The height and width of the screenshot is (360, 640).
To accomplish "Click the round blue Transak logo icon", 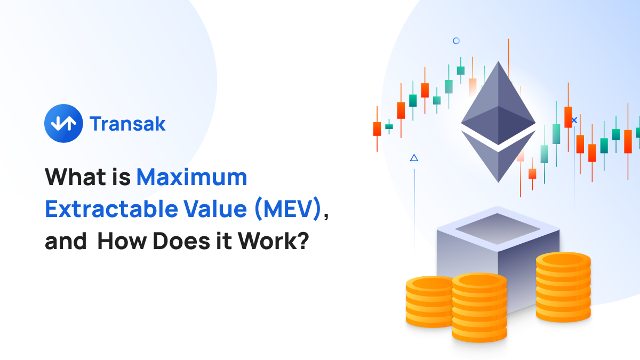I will pos(63,123).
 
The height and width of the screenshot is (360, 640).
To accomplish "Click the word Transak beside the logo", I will pos(128,124).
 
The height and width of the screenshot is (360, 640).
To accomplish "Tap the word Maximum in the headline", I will pos(191,177).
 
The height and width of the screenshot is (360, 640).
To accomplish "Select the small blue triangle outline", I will pos(414,158).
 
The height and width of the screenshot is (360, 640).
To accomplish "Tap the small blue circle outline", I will pos(456,41).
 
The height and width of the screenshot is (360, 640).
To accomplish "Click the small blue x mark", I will pos(574,121).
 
